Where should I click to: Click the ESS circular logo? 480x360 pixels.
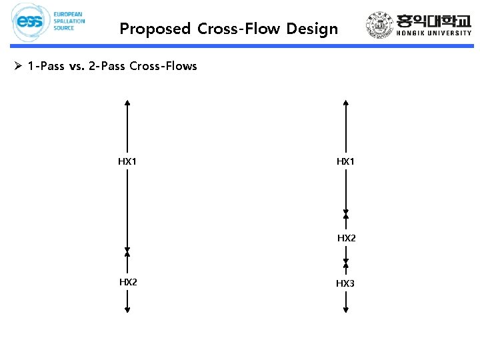(x=30, y=22)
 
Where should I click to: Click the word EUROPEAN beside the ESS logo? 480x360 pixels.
(x=69, y=14)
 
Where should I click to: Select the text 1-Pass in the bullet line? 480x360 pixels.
(x=45, y=66)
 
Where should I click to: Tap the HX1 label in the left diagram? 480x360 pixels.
(x=127, y=161)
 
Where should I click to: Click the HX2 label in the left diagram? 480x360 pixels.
(x=128, y=282)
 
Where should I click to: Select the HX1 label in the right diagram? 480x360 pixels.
(x=345, y=161)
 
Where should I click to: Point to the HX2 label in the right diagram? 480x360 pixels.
(x=347, y=238)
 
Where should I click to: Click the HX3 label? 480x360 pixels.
(x=345, y=283)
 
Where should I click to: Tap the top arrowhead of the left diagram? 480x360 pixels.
(x=127, y=103)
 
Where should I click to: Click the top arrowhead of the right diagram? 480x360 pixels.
(x=345, y=103)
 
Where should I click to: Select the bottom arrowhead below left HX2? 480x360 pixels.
(x=127, y=309)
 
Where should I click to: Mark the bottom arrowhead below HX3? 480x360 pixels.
(x=345, y=309)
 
